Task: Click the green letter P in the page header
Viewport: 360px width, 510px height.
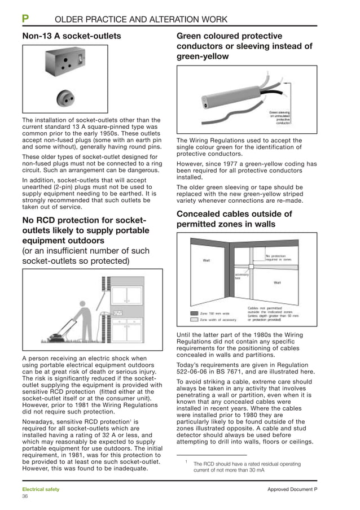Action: (x=25, y=19)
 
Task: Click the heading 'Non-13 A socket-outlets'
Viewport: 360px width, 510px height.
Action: (x=71, y=36)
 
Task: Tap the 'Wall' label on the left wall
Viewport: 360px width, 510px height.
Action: (x=207, y=260)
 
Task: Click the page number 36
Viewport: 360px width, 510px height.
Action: (x=25, y=496)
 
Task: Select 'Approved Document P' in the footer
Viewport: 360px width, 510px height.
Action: (x=292, y=489)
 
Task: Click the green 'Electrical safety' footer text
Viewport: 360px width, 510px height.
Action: (x=40, y=489)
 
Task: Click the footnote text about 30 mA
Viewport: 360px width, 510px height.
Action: (x=246, y=467)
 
